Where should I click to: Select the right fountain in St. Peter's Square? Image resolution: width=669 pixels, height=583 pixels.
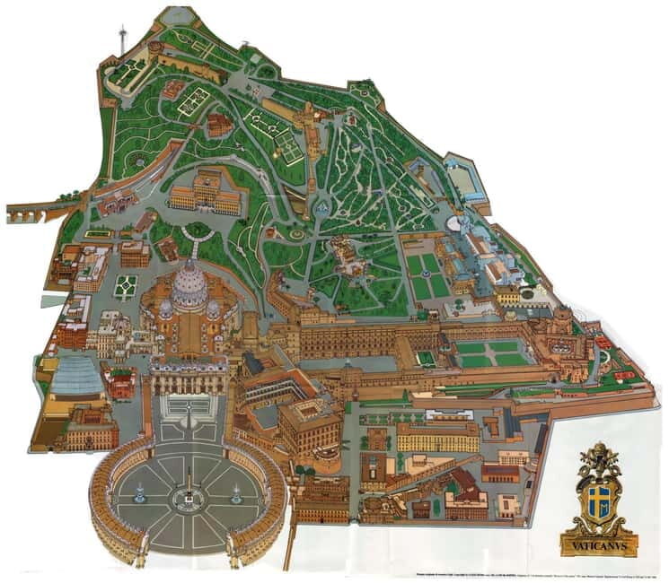[x=236, y=492]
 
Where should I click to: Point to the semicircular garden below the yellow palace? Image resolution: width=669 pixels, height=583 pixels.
[x=196, y=231]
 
